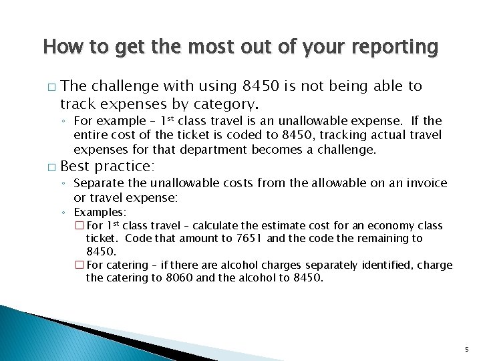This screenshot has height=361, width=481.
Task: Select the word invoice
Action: pyautogui.click(x=424, y=183)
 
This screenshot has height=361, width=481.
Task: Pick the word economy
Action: pyautogui.click(x=378, y=226)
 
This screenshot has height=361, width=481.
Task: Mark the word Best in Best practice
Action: pyautogui.click(x=75, y=165)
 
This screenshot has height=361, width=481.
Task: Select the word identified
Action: pyautogui.click(x=384, y=265)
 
